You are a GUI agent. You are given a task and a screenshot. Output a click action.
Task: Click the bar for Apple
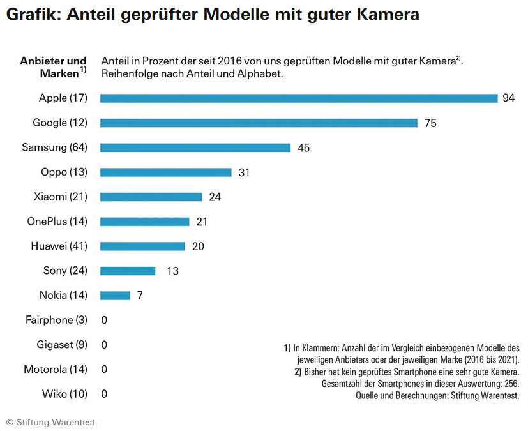click(299, 98)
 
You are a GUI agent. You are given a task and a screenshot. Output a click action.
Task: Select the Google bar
click(259, 123)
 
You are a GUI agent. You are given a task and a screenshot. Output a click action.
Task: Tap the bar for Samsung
click(195, 147)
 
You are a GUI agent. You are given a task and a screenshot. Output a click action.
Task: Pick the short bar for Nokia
click(115, 296)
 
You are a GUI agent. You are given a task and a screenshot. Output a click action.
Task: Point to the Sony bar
click(128, 271)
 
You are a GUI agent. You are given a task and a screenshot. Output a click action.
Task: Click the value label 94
click(509, 98)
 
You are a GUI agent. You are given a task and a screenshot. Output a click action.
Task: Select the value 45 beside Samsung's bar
click(303, 147)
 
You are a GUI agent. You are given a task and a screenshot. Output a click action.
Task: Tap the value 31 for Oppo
click(243, 172)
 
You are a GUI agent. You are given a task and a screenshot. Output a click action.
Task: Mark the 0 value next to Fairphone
click(104, 320)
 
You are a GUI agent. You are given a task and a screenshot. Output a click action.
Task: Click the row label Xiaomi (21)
click(60, 197)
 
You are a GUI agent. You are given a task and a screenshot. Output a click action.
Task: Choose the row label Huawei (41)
click(59, 246)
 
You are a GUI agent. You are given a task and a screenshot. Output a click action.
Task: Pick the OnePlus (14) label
click(57, 222)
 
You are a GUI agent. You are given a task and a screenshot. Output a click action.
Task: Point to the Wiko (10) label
click(64, 394)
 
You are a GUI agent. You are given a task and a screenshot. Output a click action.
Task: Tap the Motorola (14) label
click(55, 369)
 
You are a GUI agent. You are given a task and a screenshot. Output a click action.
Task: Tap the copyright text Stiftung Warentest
click(54, 422)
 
